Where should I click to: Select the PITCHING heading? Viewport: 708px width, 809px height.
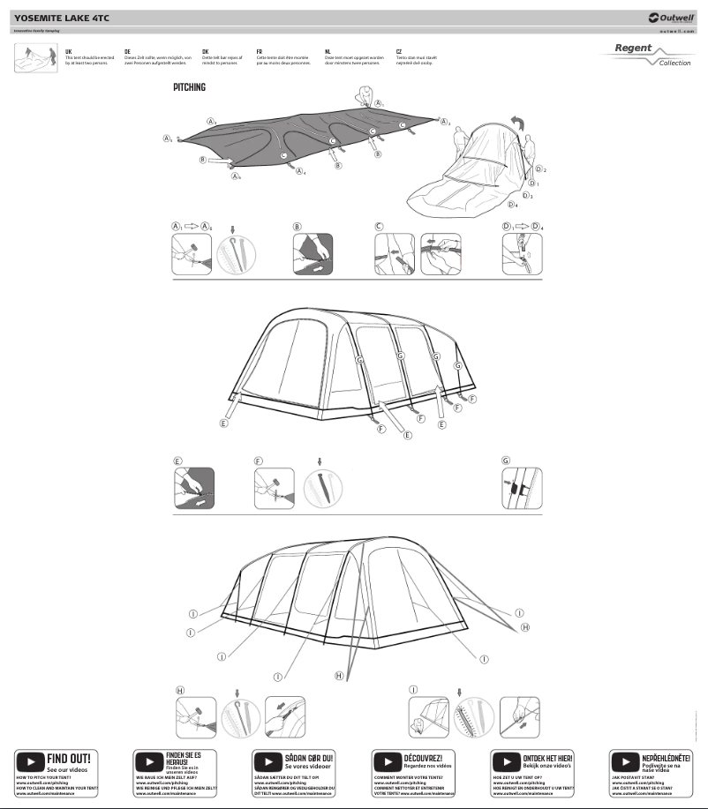[x=189, y=87]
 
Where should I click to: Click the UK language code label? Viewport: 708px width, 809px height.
[x=69, y=52]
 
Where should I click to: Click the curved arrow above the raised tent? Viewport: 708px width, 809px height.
[x=518, y=123]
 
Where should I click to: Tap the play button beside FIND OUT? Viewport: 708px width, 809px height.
[x=30, y=761]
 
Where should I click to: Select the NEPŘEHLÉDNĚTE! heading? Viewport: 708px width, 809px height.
[x=666, y=758]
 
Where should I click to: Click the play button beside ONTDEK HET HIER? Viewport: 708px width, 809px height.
[x=506, y=761]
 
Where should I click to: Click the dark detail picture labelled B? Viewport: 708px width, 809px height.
[x=313, y=254]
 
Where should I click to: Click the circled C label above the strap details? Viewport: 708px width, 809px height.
[x=379, y=227]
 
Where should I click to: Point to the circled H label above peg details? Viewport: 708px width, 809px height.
[x=180, y=690]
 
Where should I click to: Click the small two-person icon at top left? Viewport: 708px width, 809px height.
[x=29, y=57]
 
